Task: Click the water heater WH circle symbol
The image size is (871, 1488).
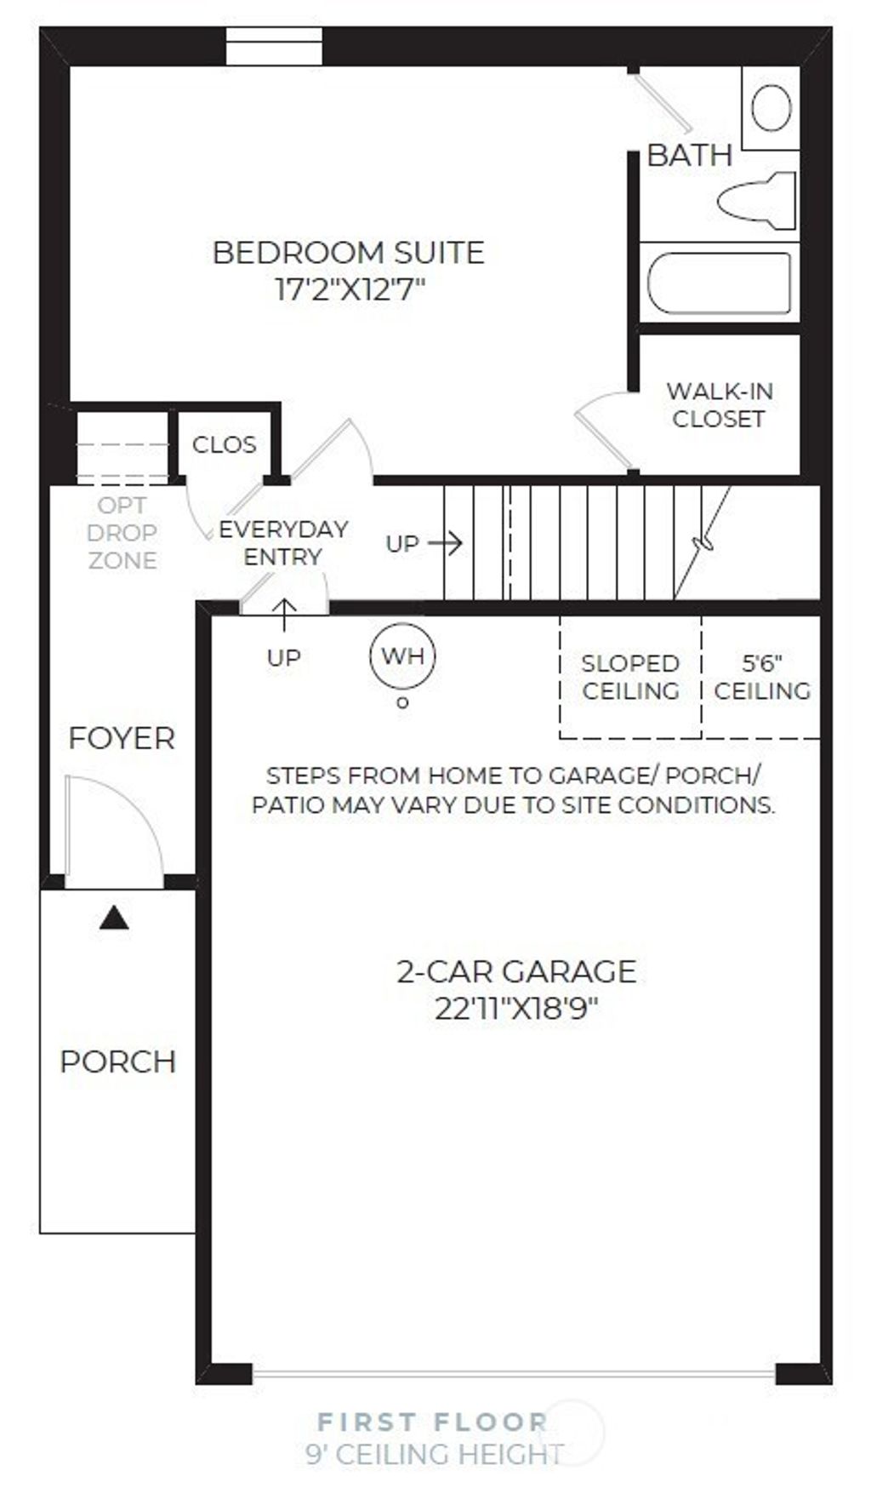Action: (x=402, y=656)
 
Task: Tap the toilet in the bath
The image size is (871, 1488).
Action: (x=757, y=201)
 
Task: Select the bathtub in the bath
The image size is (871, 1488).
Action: (x=719, y=283)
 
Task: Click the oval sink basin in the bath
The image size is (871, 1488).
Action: (x=771, y=108)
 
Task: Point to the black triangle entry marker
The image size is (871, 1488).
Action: (x=114, y=919)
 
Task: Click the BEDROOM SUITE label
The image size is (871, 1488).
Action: (x=348, y=253)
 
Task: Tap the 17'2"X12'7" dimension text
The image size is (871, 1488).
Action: (x=349, y=289)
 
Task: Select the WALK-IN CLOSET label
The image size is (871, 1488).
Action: (x=719, y=404)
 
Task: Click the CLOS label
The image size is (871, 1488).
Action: (x=224, y=444)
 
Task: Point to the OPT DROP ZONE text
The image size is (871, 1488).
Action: (x=122, y=532)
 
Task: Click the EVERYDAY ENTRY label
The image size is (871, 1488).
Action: (x=282, y=542)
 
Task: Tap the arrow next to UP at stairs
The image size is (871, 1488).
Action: (x=445, y=542)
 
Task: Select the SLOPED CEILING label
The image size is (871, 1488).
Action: (x=630, y=677)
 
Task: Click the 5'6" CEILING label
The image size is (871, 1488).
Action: (x=761, y=677)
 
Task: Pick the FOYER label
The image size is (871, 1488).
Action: (x=122, y=738)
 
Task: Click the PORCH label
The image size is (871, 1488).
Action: (x=117, y=1062)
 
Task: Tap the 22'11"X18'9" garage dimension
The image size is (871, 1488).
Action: (x=516, y=1009)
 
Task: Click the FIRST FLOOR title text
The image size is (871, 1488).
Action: (x=432, y=1421)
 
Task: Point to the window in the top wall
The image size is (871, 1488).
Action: (x=274, y=46)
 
